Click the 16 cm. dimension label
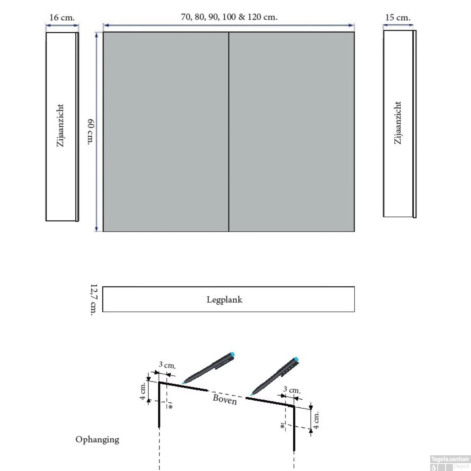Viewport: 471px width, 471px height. click(x=62, y=18)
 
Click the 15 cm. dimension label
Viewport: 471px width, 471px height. click(x=398, y=18)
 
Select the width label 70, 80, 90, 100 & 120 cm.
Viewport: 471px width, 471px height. click(x=229, y=17)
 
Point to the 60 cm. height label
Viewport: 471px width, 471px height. click(x=90, y=132)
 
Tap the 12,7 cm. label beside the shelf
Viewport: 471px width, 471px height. click(x=94, y=300)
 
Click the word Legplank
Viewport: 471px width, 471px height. click(x=225, y=300)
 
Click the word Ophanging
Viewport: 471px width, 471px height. click(x=97, y=440)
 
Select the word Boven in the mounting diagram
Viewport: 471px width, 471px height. click(x=225, y=399)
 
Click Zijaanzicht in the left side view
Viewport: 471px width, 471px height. click(x=60, y=126)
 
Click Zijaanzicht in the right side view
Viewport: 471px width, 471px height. click(x=398, y=123)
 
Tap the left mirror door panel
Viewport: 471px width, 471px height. click(x=166, y=132)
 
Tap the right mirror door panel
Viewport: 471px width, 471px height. click(x=292, y=132)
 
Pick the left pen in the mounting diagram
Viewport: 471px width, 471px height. click(x=208, y=368)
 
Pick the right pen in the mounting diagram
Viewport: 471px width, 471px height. click(x=275, y=376)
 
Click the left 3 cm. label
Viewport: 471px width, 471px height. click(x=167, y=365)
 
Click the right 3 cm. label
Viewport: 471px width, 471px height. click(x=292, y=390)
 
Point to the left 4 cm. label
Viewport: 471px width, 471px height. click(x=143, y=391)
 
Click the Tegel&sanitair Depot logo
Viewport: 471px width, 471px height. click(x=450, y=463)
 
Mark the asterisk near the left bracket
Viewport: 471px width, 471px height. click(x=171, y=407)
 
